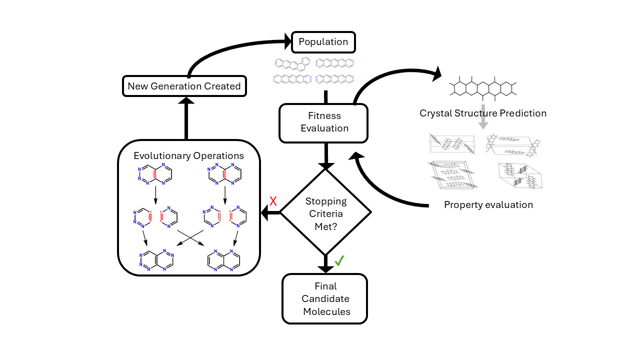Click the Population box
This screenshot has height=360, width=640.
pos(323,42)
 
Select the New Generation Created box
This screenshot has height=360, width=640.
pos(184,86)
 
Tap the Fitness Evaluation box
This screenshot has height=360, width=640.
pos(324,122)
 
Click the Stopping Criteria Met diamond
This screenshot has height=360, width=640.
pos(325,213)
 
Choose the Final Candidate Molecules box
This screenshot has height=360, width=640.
pos(325,299)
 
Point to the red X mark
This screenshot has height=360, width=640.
pos(273,201)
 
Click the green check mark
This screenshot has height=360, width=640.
pos(339,260)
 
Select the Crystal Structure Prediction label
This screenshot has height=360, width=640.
pos(482,113)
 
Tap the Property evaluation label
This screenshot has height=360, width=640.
pos(488,204)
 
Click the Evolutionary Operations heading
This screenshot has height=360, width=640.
pos(188,155)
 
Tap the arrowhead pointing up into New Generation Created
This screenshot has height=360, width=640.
pos(186,100)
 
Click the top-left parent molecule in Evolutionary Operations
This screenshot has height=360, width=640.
pos(155,173)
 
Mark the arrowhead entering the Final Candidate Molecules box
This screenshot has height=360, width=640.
pos(325,269)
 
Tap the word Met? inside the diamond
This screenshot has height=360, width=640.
pos(325,226)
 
